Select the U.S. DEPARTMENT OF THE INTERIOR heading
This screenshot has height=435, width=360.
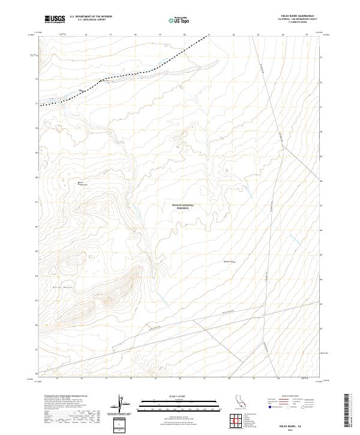(x=91, y=17)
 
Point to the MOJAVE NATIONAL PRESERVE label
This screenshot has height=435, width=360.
(x=183, y=206)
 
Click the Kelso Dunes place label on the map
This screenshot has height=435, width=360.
(x=49, y=288)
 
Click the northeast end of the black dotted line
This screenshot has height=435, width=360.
(x=209, y=36)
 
